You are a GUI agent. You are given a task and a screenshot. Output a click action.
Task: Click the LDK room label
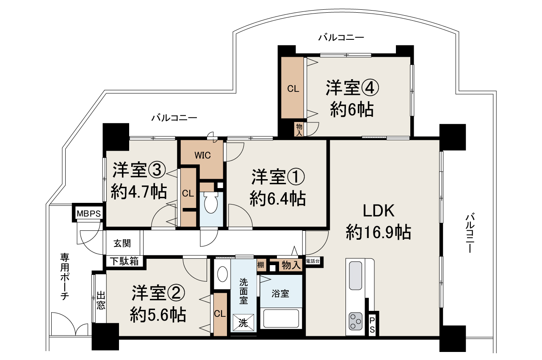tap(379, 210)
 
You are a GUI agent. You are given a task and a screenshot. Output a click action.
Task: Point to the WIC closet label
tap(202, 155)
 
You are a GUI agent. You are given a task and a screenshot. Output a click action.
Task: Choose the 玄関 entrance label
tap(122, 244)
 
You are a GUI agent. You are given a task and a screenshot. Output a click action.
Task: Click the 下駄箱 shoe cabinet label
tap(124, 261)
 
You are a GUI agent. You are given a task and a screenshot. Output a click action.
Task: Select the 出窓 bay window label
tap(101, 299)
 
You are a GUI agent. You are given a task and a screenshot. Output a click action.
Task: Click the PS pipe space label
tap(372, 324)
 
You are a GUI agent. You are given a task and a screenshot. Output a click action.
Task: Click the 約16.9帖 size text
tap(379, 232)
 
